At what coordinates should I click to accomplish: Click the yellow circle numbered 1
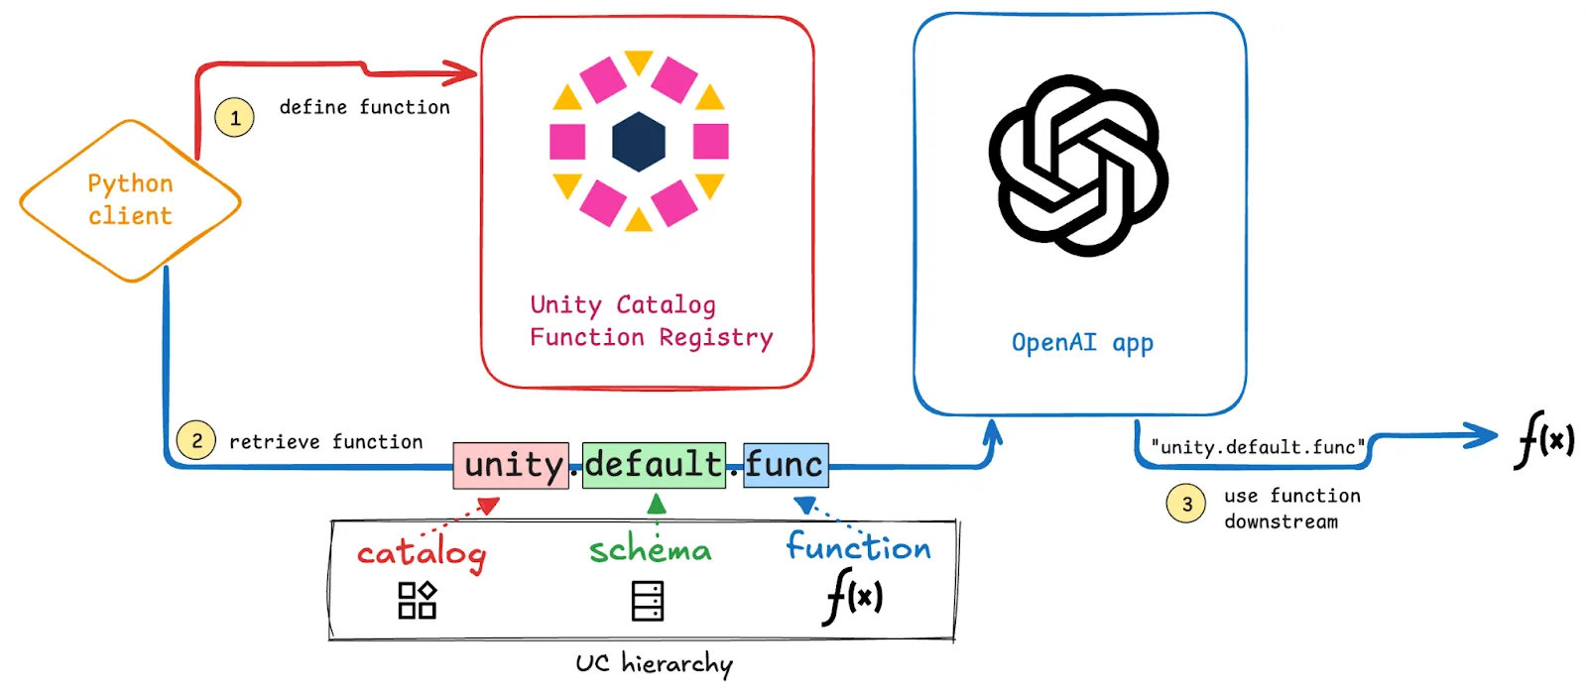[235, 118]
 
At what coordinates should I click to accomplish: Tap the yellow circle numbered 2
[196, 441]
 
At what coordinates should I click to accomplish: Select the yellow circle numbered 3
[1186, 504]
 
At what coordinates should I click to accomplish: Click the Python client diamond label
[130, 200]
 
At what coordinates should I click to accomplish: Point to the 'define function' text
[364, 107]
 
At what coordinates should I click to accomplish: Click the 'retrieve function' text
[325, 442]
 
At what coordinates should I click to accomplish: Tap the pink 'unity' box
[512, 465]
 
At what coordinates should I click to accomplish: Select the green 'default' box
[654, 465]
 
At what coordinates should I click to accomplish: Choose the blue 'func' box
[785, 465]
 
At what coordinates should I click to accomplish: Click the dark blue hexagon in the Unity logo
[639, 142]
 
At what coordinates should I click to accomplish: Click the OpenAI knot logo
[1078, 166]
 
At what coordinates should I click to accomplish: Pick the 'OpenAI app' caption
[1082, 343]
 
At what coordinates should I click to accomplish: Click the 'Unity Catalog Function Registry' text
[650, 321]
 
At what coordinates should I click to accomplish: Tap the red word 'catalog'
[422, 553]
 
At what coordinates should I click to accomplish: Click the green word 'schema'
[651, 549]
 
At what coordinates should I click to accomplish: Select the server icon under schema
[648, 601]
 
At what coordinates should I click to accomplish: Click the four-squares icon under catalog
[418, 600]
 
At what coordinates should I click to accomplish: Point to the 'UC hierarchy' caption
[654, 663]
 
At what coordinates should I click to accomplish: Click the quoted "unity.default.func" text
[1257, 447]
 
